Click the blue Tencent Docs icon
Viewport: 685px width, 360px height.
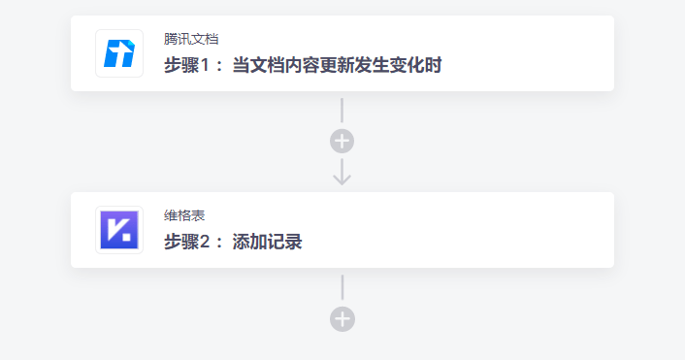click(x=119, y=53)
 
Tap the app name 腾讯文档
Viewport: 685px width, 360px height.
click(x=191, y=40)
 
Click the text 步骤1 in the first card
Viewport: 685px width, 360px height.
click(x=189, y=66)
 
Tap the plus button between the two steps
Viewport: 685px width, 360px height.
click(x=342, y=142)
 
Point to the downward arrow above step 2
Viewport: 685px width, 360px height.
click(x=342, y=173)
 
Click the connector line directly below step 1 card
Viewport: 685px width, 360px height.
click(x=342, y=110)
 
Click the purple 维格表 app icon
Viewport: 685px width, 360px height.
click(x=119, y=230)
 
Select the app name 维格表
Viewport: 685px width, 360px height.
click(x=184, y=215)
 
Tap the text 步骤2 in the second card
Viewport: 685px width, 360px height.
click(x=189, y=243)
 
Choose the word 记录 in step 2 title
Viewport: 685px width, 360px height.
click(x=285, y=243)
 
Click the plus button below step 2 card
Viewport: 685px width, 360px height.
click(x=342, y=318)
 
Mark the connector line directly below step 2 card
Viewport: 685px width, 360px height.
click(x=342, y=286)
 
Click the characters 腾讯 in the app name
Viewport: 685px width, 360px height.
click(x=178, y=40)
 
